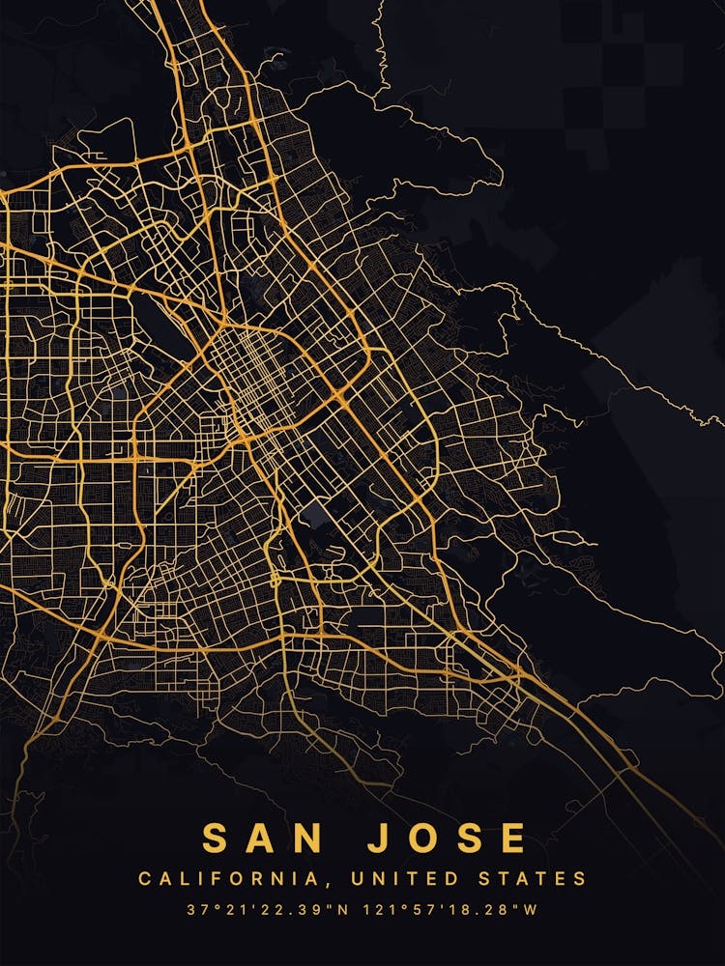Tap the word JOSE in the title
(x=448, y=838)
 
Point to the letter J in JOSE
(x=380, y=838)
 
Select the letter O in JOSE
(x=422, y=838)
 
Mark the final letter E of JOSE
(x=513, y=838)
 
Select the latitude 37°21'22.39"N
(x=269, y=909)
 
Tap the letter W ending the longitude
(x=531, y=909)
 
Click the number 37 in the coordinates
(x=196, y=909)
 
